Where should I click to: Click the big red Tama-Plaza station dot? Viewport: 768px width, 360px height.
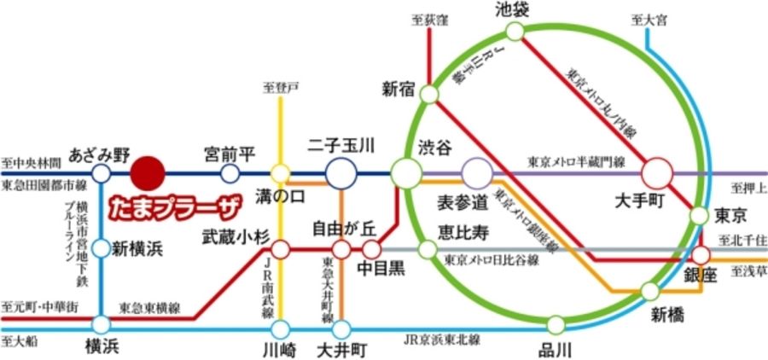tap(147, 173)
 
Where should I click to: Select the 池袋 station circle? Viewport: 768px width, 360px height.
tap(515, 32)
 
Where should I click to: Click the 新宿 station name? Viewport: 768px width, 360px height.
tap(398, 87)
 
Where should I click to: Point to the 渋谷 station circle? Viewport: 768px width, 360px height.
tap(406, 173)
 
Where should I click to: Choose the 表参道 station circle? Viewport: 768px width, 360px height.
tap(476, 173)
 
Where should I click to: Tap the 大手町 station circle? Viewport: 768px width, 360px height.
tap(657, 173)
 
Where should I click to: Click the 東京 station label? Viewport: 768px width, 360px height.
tap(730, 213)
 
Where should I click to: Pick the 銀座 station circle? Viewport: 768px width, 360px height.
tap(701, 254)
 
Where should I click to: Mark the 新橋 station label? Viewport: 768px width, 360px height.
tap(668, 314)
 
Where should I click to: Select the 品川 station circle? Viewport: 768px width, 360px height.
tap(556, 324)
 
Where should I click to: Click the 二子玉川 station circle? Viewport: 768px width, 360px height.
tap(341, 173)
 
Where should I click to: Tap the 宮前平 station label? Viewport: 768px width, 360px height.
tap(230, 154)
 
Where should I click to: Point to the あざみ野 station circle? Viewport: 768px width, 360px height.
tap(101, 174)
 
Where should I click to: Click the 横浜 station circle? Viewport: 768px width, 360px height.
tap(102, 324)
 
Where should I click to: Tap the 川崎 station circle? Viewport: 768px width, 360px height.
tap(281, 328)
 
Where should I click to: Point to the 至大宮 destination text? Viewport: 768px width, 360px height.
tap(649, 18)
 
